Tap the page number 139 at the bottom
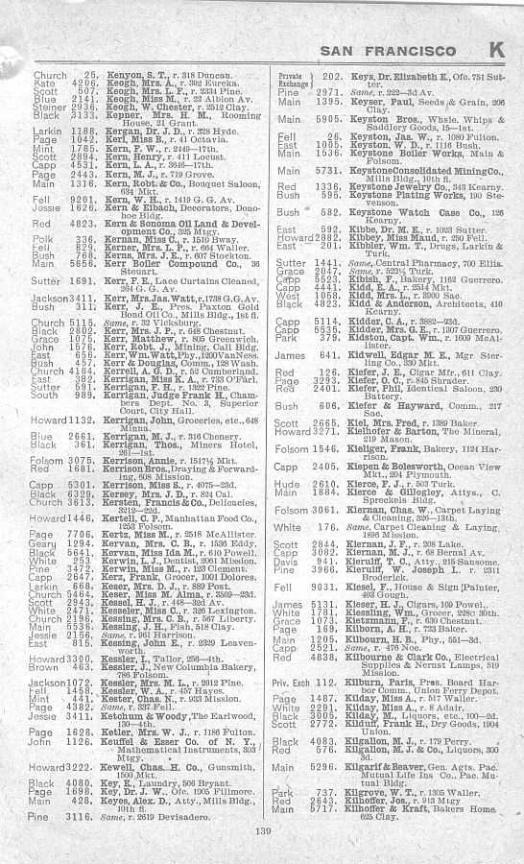click(263, 830)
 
